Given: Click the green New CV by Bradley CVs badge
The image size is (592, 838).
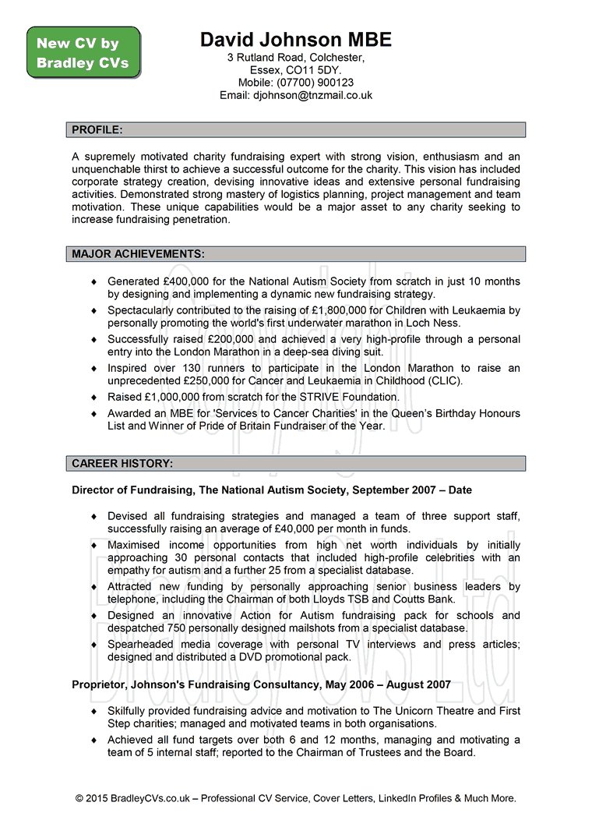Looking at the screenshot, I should click(x=83, y=53).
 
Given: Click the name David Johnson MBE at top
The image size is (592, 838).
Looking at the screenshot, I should click(x=296, y=40).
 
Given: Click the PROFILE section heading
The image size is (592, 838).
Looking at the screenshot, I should click(x=97, y=129).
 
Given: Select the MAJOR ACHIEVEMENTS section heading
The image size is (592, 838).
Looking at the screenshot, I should click(x=139, y=253).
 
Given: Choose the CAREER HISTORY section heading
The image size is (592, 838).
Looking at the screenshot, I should click(x=122, y=463).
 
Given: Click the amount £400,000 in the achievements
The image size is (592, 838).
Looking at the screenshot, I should click(x=189, y=281).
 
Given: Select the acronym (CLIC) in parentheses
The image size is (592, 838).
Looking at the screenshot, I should click(x=445, y=380).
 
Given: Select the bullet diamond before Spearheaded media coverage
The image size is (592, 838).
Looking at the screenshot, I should click(x=94, y=645).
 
